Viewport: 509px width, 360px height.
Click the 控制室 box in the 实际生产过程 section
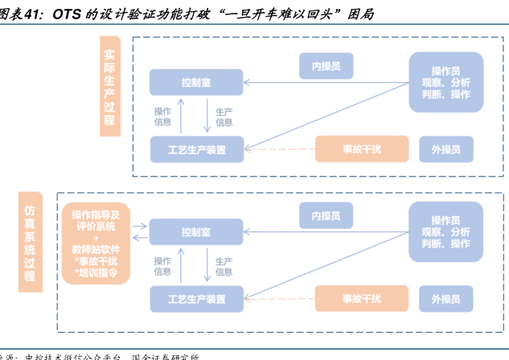[196, 82]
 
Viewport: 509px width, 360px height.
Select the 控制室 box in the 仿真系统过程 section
[196, 232]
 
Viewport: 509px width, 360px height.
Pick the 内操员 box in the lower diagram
[326, 216]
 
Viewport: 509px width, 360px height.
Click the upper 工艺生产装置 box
[196, 149]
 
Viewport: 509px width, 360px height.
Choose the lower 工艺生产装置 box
[196, 299]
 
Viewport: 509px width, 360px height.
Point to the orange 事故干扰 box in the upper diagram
[361, 149]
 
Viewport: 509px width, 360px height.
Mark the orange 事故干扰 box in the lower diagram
[361, 299]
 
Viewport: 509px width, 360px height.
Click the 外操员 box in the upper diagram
[445, 149]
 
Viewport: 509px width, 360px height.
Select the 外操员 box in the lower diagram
[445, 299]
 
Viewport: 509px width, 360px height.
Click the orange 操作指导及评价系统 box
[95, 243]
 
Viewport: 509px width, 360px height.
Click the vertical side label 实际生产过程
[109, 88]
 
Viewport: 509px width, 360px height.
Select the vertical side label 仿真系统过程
[30, 239]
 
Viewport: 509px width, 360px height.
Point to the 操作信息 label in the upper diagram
[162, 117]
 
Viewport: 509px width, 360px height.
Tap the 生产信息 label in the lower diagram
[224, 266]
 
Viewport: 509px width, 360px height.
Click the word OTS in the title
[68, 14]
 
